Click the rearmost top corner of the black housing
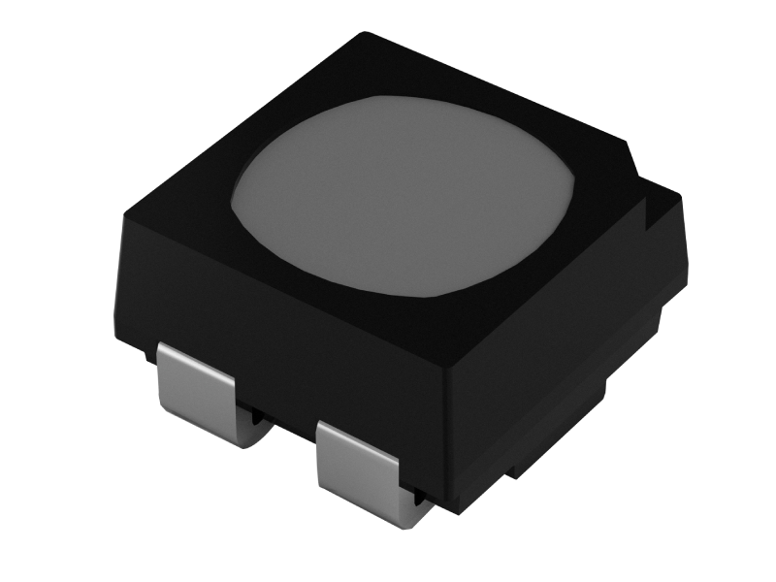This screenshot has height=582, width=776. click(364, 36)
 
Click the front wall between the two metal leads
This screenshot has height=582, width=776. click(281, 388)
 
